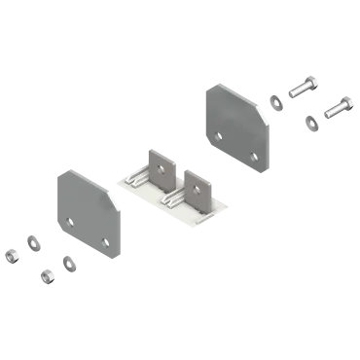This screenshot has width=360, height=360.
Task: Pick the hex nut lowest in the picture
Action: click(x=47, y=276)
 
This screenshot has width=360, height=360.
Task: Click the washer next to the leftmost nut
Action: click(x=32, y=241)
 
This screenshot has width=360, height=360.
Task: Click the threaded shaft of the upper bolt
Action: click(x=298, y=89)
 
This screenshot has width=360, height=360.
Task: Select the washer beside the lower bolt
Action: click(x=312, y=121)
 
